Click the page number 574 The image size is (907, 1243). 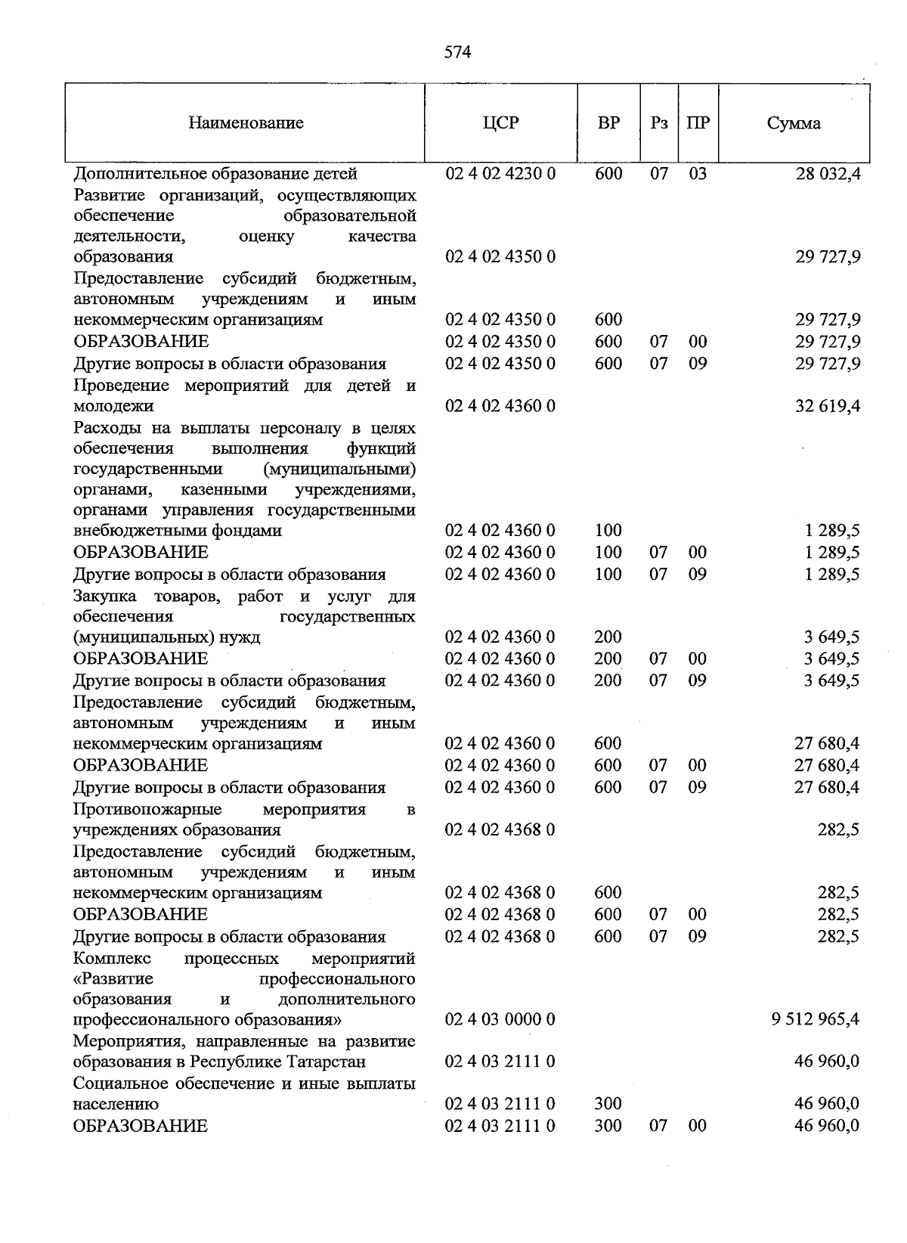pyautogui.click(x=457, y=52)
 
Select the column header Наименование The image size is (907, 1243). pyautogui.click(x=246, y=123)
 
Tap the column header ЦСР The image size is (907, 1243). pyautogui.click(x=500, y=123)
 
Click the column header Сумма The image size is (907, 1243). pyautogui.click(x=794, y=123)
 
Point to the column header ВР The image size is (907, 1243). pyautogui.click(x=608, y=123)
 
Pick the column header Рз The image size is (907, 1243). pyautogui.click(x=659, y=123)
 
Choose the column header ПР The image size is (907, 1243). pyautogui.click(x=698, y=123)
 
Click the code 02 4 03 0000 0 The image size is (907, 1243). pyautogui.click(x=500, y=1019)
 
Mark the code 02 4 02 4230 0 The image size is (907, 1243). pyautogui.click(x=500, y=174)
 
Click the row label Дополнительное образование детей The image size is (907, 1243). pyautogui.click(x=215, y=174)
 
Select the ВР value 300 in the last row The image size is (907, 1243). pyautogui.click(x=608, y=1126)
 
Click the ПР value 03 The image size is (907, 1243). pyautogui.click(x=698, y=174)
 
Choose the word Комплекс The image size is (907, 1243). pyautogui.click(x=112, y=959)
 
